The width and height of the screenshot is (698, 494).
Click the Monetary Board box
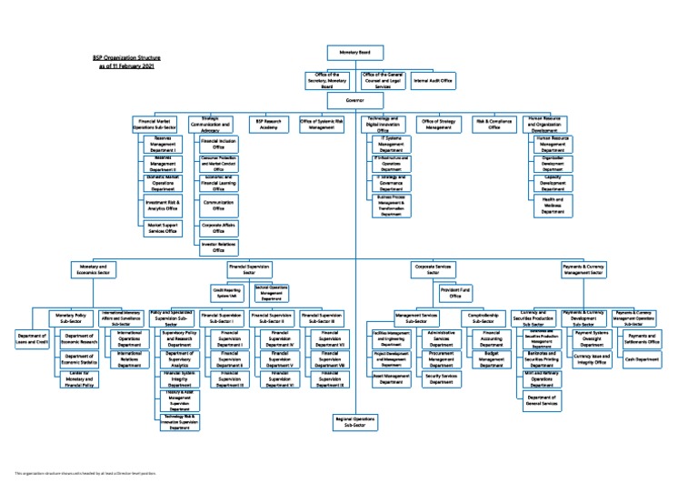click(354, 54)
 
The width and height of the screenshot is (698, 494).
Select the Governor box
click(354, 99)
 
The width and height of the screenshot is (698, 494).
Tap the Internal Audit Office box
click(434, 81)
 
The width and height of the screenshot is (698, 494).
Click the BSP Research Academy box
click(268, 126)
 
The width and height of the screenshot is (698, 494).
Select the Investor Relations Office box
click(219, 247)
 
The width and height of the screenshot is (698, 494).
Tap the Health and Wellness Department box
click(553, 206)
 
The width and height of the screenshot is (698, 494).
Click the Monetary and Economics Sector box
click(94, 269)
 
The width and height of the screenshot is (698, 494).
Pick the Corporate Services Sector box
click(434, 269)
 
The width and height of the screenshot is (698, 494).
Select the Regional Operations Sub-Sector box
click(354, 421)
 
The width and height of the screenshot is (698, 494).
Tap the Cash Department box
click(642, 359)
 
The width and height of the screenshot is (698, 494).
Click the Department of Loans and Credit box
click(32, 339)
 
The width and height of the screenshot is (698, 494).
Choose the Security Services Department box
click(441, 378)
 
